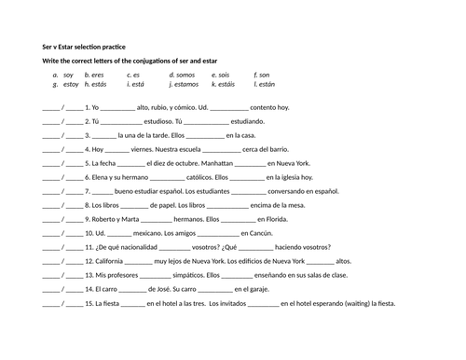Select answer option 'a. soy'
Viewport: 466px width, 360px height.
(62, 75)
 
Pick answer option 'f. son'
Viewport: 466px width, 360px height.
(261, 75)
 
